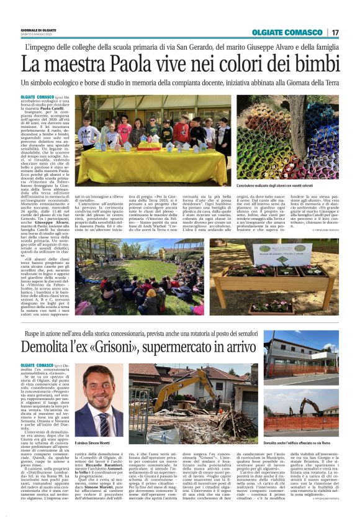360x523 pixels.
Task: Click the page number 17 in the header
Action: pyautogui.click(x=335, y=32)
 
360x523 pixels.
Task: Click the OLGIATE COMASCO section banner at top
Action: pyautogui.click(x=287, y=32)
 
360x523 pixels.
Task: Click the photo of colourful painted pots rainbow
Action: pyautogui.click(x=297, y=137)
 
